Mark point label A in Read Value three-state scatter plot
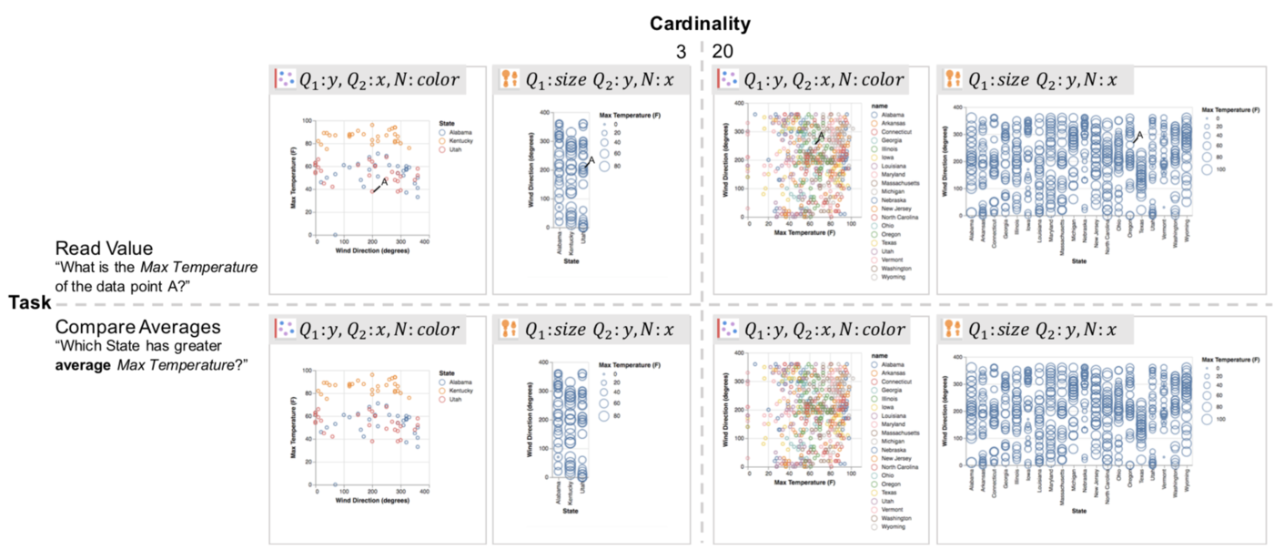click(x=384, y=182)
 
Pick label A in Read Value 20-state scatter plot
click(x=820, y=137)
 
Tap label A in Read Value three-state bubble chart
click(x=590, y=161)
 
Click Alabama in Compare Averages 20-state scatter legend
click(x=885, y=364)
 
